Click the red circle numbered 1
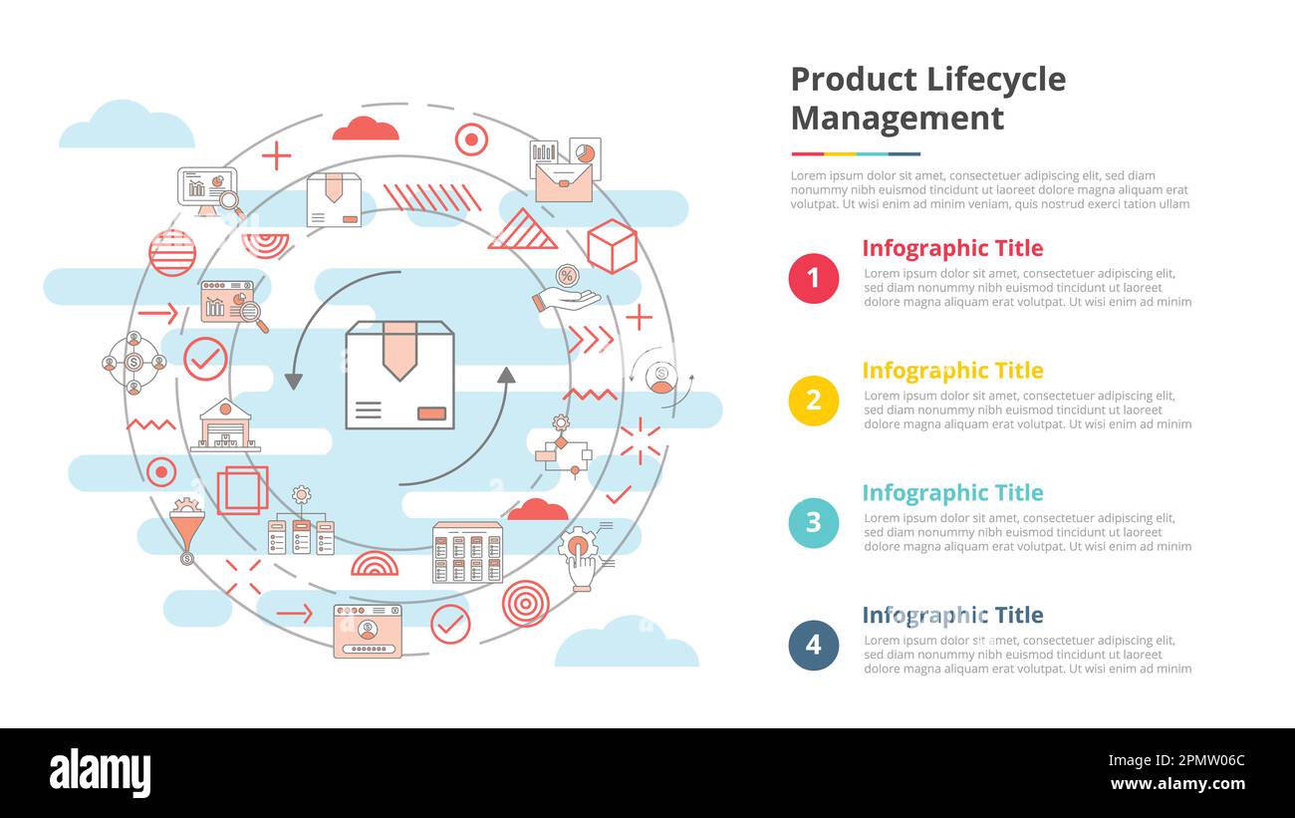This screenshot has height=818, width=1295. [x=813, y=278]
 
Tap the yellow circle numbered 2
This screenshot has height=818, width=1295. [x=813, y=401]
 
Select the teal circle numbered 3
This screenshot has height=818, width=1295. [x=813, y=523]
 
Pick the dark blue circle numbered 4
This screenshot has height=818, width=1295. [x=813, y=646]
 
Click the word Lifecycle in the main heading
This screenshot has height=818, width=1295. [x=995, y=80]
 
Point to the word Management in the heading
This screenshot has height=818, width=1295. [x=897, y=119]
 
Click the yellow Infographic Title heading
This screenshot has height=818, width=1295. [x=951, y=371]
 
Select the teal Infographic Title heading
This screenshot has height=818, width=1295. [x=951, y=493]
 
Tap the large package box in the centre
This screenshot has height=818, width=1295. [x=399, y=375]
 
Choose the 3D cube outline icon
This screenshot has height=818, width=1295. [x=612, y=246]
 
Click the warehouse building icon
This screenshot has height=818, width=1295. [x=225, y=425]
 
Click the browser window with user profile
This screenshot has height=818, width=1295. [x=368, y=630]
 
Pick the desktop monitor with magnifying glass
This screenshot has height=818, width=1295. [x=209, y=191]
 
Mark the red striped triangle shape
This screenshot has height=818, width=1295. [x=523, y=230]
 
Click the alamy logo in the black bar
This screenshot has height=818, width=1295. [x=100, y=773]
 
